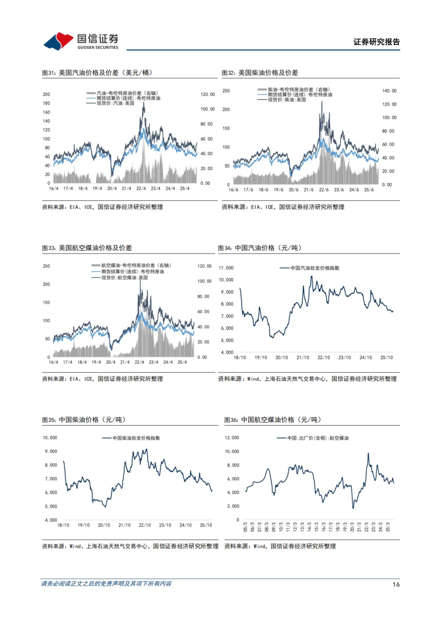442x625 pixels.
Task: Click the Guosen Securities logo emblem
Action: coord(59,41)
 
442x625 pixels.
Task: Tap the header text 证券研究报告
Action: coord(376,42)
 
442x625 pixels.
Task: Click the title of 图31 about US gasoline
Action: coord(97,73)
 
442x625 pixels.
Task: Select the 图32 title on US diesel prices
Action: coord(260,73)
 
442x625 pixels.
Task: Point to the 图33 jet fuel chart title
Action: coord(87,248)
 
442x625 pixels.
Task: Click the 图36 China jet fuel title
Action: coord(273,420)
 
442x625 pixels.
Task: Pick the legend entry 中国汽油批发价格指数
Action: coord(315,268)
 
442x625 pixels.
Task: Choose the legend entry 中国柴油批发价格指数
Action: coord(136,438)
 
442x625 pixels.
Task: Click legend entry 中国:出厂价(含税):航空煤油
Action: coord(318,438)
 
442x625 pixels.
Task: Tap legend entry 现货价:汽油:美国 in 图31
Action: coord(115,103)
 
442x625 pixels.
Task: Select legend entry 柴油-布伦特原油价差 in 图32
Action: coord(299,90)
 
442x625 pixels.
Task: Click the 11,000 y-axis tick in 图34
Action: coord(226,268)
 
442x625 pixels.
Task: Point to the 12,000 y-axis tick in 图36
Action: coord(232,438)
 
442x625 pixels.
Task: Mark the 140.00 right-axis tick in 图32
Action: coord(389,91)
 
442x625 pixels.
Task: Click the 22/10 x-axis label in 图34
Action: coord(324,358)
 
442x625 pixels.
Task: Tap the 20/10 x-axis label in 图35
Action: coord(104,525)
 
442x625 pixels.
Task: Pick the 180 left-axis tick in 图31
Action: coord(46,103)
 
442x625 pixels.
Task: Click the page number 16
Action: coord(396,584)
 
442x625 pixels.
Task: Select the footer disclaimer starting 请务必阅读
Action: coord(106,584)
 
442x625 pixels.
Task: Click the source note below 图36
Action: coord(280,546)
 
